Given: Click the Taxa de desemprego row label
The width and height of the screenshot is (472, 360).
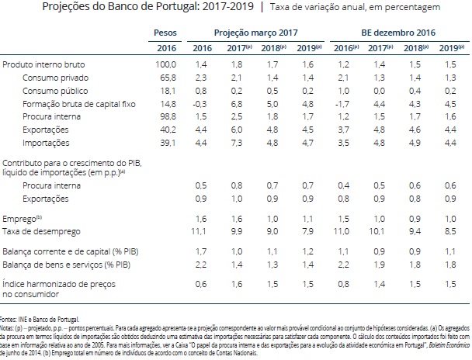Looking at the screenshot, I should click(x=36, y=232).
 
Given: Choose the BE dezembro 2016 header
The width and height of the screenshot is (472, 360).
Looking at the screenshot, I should click(x=397, y=33).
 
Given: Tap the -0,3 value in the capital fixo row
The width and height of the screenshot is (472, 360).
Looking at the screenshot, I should click(x=200, y=103).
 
